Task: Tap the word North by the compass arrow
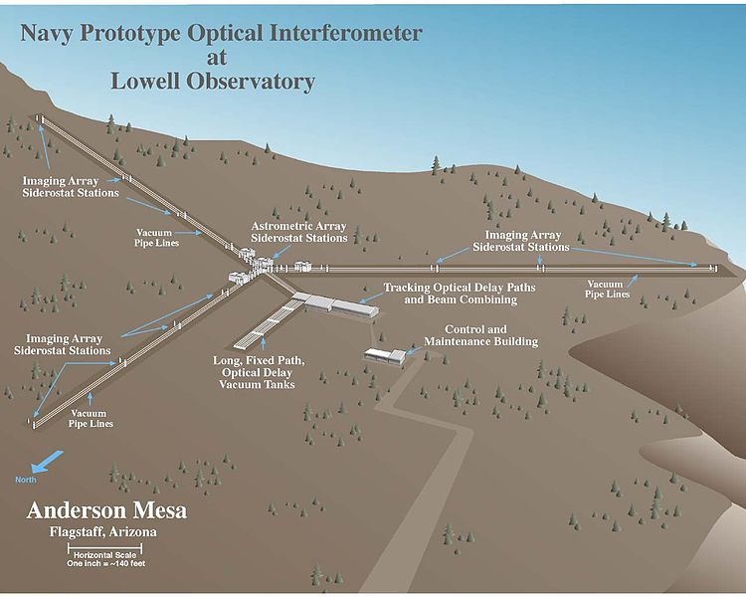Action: click(26, 481)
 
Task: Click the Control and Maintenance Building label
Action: click(480, 335)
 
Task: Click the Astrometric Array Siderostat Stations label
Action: click(299, 232)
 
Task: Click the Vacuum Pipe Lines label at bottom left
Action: click(92, 418)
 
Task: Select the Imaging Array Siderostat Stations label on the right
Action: click(520, 240)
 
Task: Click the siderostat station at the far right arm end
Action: click(712, 267)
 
